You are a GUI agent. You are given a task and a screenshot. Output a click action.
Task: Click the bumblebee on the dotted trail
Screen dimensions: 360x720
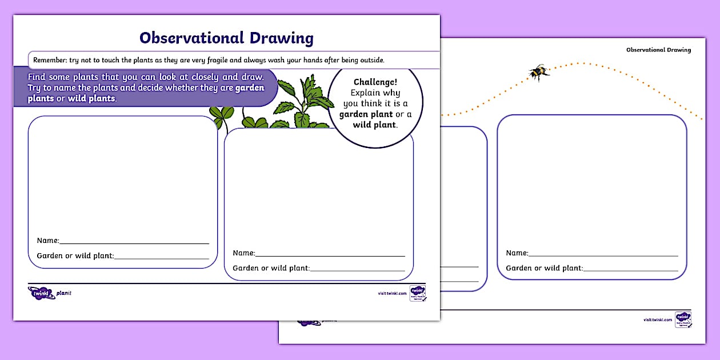tap(538, 73)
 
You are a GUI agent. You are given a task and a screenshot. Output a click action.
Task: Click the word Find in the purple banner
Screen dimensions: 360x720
tap(38, 77)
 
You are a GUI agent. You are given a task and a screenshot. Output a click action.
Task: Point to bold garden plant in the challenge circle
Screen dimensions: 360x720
tap(366, 114)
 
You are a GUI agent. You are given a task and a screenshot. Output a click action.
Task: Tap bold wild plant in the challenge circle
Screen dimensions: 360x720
tap(374, 125)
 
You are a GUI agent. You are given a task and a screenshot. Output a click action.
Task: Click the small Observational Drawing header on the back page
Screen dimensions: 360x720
tap(658, 50)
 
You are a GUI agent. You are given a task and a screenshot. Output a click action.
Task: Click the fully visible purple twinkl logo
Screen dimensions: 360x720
tap(41, 293)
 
